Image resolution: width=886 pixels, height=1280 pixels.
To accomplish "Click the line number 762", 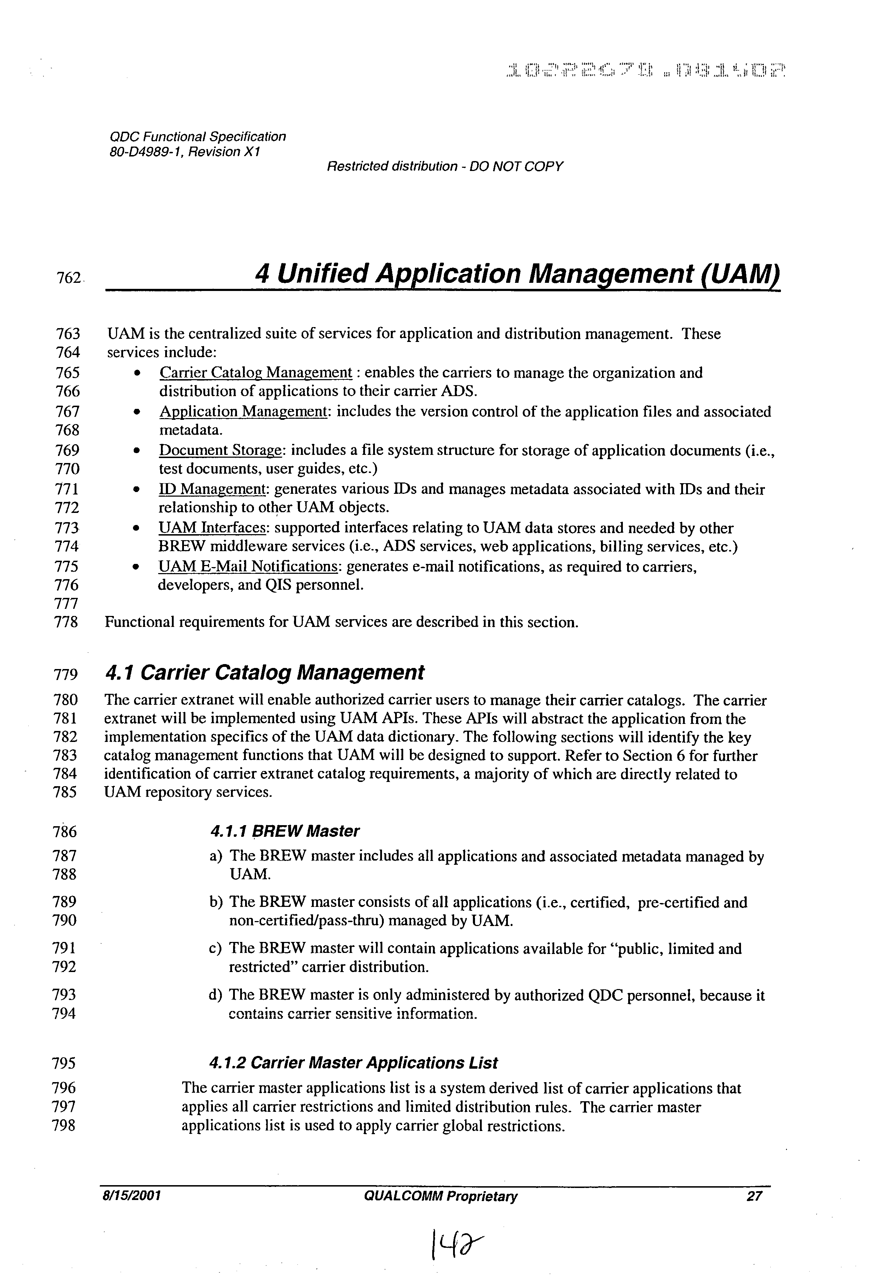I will point(69,278).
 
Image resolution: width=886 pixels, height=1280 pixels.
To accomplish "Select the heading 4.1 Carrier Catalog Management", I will point(264,673).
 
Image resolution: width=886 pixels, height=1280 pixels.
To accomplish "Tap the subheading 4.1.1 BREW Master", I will point(285,831).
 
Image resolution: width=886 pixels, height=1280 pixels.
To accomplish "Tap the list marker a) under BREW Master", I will point(216,857).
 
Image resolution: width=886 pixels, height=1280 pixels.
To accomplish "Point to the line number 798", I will point(63,1126).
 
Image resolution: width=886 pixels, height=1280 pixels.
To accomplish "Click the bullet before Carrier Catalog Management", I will point(137,373).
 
